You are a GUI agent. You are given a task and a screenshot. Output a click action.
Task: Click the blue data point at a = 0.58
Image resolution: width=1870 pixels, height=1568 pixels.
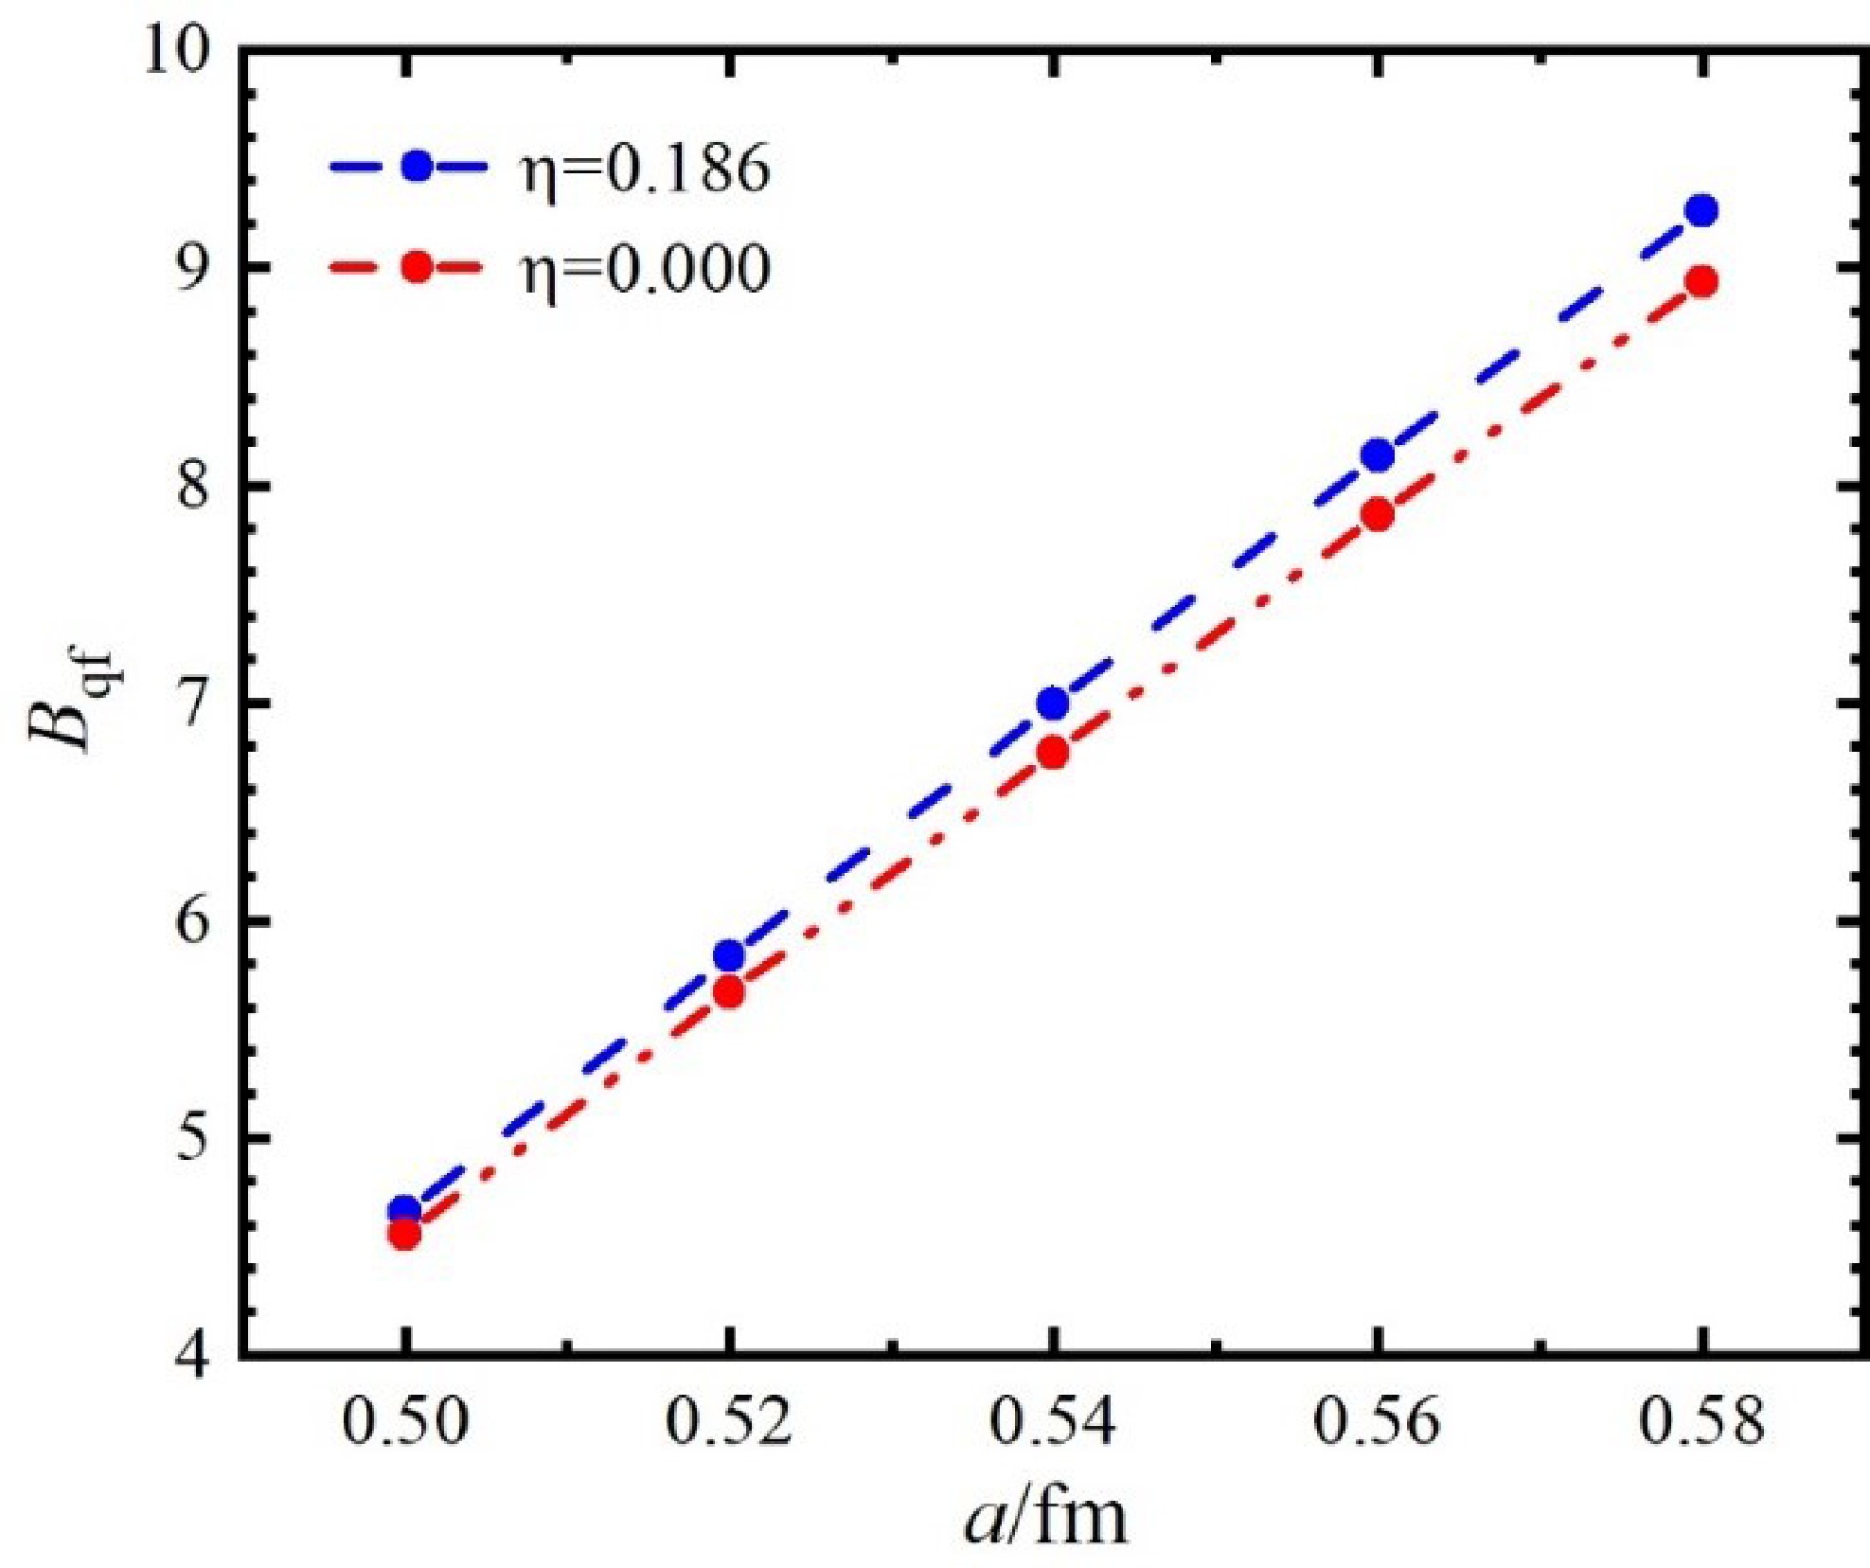pyautogui.click(x=1701, y=209)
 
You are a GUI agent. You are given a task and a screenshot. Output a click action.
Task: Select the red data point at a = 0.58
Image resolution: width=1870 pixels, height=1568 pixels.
pyautogui.click(x=1701, y=281)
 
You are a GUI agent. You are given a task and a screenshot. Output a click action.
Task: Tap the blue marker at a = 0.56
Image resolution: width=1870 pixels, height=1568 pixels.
pyautogui.click(x=1378, y=454)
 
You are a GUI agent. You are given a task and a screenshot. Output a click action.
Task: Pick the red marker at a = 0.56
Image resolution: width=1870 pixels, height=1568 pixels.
pyautogui.click(x=1378, y=514)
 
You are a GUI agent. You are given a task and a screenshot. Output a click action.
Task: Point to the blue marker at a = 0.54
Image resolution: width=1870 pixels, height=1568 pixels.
pyautogui.click(x=1053, y=703)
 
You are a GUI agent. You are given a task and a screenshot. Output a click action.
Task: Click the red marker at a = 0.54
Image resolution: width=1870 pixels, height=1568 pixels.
pyautogui.click(x=1053, y=753)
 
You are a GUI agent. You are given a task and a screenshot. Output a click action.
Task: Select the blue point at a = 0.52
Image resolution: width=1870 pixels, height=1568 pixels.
pyautogui.click(x=728, y=955)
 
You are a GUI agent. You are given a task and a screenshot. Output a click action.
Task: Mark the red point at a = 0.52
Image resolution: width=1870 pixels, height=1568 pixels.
pyautogui.click(x=728, y=992)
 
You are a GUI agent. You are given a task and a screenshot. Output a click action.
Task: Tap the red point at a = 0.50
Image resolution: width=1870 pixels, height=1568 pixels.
pyautogui.click(x=404, y=1234)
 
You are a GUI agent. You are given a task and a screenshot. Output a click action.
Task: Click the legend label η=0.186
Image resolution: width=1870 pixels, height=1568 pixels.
pyautogui.click(x=645, y=169)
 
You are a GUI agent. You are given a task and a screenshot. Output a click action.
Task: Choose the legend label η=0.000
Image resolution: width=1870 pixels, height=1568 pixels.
pyautogui.click(x=645, y=268)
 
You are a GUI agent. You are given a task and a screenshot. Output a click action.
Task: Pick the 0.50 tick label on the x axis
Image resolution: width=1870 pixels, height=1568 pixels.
pyautogui.click(x=404, y=1422)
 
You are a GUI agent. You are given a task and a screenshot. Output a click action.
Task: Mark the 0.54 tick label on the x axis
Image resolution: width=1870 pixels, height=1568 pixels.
pyautogui.click(x=1053, y=1422)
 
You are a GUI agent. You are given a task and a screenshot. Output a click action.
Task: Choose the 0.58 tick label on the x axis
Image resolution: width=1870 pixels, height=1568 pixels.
pyautogui.click(x=1701, y=1422)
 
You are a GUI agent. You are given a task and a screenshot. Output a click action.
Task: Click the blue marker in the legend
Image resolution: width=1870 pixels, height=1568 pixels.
pyautogui.click(x=417, y=167)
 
